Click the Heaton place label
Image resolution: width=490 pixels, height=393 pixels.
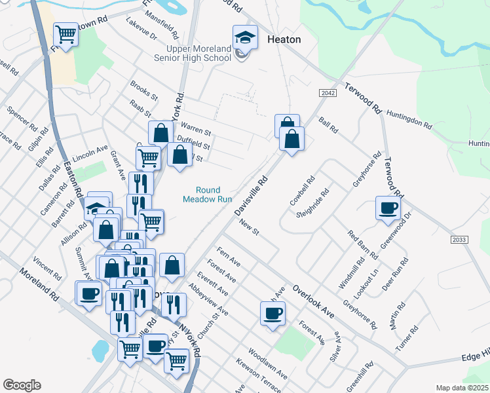coord(284,39)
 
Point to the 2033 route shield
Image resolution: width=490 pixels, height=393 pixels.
coord(459,240)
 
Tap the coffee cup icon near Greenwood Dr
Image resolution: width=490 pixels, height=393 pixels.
coord(387,208)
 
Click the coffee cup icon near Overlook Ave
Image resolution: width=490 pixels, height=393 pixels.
coord(273,313)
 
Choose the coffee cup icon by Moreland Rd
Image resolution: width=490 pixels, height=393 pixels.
coord(89,293)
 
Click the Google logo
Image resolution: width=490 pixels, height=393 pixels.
coord(22,385)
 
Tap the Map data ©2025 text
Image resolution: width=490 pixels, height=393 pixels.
coord(461,388)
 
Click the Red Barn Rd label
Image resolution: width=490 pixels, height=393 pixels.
coord(362,244)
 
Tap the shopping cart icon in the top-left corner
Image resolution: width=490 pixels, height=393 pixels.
coord(66,33)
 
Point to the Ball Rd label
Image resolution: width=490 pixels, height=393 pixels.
coord(328,125)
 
